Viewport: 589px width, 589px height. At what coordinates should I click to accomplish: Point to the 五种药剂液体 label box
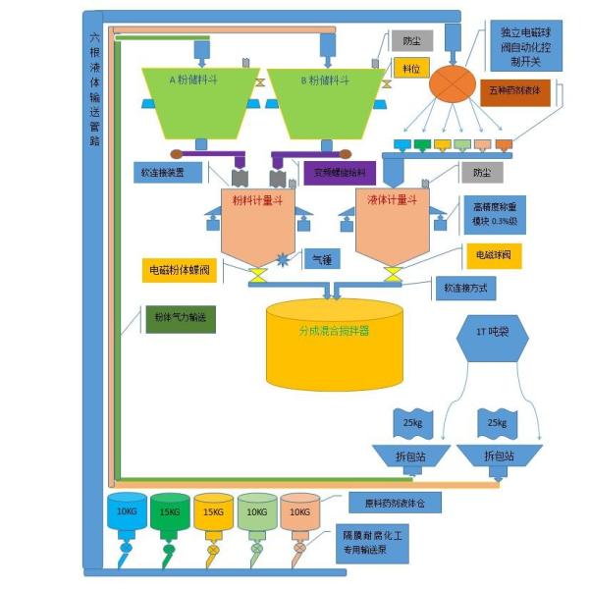coord(522,90)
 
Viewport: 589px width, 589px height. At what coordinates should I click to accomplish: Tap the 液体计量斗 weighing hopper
coord(392,225)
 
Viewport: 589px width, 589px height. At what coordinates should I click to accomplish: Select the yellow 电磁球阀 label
coord(498,254)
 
